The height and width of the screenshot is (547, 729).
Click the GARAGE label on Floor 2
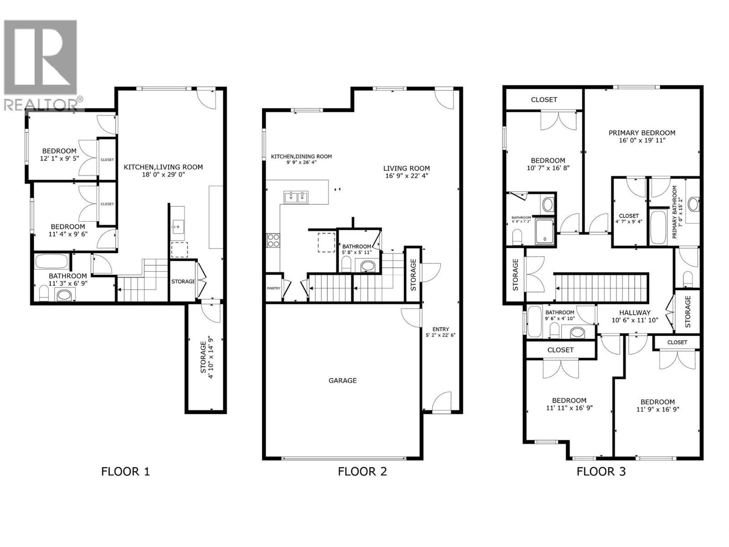342,380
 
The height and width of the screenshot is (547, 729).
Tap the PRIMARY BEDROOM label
642,133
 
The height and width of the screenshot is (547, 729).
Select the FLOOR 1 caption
125,471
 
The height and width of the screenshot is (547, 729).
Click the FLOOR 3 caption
601,471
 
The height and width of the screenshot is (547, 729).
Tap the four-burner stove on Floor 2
273,240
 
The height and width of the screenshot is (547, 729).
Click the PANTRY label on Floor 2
273,288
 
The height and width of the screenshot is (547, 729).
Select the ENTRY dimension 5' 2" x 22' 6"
441,335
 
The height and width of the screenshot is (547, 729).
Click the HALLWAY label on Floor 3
635,313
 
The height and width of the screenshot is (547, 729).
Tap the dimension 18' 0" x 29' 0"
163,174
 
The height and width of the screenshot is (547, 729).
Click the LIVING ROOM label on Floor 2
406,168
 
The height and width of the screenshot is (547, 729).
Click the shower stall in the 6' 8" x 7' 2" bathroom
544,232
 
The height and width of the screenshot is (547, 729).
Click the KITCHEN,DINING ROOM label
301,156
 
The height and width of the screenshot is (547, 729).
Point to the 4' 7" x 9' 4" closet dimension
628,222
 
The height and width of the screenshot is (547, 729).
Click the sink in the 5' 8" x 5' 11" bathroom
367,265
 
